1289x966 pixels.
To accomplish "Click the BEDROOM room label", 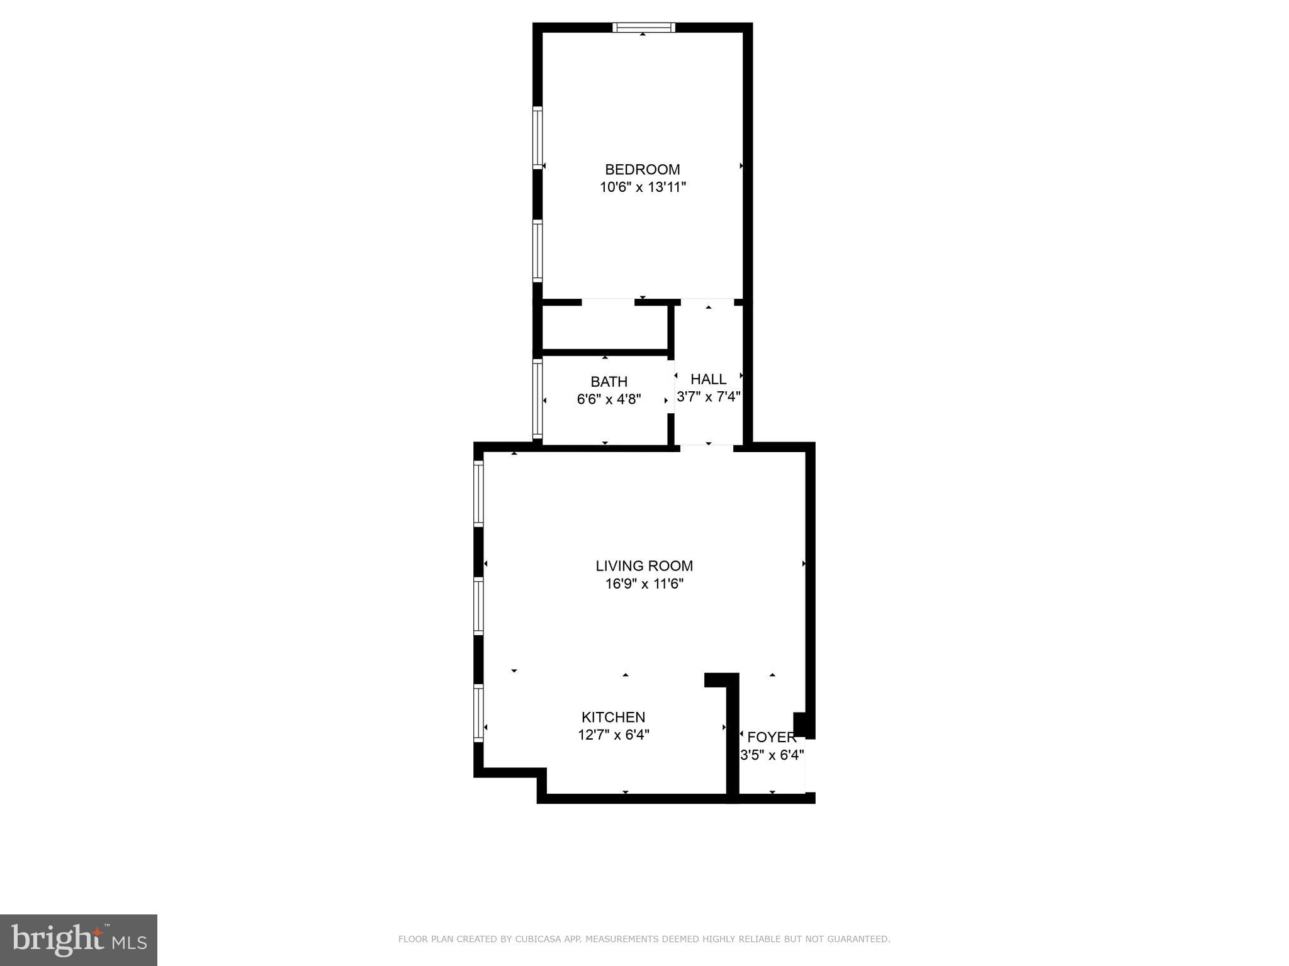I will (642, 169).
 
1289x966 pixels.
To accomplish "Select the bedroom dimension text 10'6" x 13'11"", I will (642, 187).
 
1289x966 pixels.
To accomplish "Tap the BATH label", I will (609, 382).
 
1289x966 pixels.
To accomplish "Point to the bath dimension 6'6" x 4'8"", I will (609, 399).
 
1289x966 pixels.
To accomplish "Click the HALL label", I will (708, 379).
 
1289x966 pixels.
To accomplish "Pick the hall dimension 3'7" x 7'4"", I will (708, 397).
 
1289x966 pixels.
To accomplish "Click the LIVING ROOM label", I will (644, 566).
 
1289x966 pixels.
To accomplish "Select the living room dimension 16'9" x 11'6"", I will (644, 584).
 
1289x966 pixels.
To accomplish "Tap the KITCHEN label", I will (613, 717).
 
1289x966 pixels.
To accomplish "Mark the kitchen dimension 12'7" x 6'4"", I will (613, 735).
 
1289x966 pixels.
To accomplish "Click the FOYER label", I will (772, 738).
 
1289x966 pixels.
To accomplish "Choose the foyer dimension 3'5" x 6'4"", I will (772, 755).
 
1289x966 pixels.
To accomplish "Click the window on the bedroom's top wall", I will (643, 27).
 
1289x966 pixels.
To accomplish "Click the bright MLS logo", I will (79, 940).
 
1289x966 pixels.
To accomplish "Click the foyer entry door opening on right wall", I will (811, 765).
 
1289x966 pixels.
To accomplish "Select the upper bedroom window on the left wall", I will (538, 137).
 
